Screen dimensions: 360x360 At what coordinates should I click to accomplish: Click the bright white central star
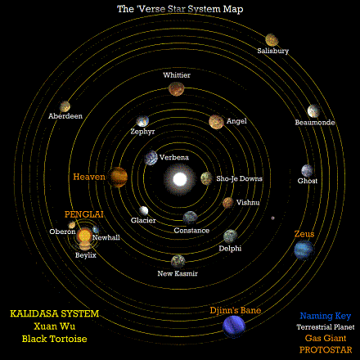coord(180,179)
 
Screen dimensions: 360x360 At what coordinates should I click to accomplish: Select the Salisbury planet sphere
coord(272,40)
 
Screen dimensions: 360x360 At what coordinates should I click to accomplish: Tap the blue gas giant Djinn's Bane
coord(234,326)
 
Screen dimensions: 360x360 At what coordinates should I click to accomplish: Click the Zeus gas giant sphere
coord(304,250)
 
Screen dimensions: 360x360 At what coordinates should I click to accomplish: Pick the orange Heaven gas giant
coord(118,177)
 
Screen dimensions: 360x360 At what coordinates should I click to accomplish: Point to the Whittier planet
coord(176,88)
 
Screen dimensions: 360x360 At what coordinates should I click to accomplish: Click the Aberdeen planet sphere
coord(65,106)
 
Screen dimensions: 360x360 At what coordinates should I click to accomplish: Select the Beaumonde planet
coord(313,111)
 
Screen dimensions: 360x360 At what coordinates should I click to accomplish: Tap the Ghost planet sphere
coord(308,171)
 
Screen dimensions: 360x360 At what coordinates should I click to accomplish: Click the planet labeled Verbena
coord(151,158)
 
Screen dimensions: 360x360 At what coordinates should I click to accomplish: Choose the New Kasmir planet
coord(178,261)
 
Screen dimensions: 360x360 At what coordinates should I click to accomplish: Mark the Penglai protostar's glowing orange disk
coord(84,236)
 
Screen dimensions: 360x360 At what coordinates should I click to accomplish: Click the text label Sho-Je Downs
coord(239,178)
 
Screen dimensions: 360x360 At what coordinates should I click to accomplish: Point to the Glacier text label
coord(143,220)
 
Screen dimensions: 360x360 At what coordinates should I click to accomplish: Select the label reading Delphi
coord(230,249)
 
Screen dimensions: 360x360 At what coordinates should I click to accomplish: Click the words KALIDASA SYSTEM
coord(55,313)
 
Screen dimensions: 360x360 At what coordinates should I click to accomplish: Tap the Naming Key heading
coord(326,316)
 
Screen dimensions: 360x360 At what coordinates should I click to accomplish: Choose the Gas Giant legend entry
coord(326,338)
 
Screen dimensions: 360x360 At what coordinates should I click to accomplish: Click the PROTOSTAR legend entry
coord(326,350)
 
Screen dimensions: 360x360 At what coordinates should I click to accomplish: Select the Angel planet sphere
coord(216,122)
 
